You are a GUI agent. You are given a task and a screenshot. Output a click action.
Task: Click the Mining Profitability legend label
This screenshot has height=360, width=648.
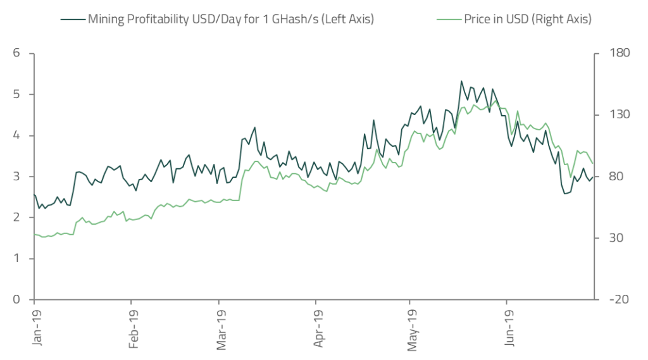click(x=231, y=19)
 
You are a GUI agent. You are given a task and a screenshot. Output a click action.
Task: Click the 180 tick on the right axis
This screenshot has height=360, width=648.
click(x=613, y=53)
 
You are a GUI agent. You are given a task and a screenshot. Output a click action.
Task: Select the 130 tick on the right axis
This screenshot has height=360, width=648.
click(x=613, y=115)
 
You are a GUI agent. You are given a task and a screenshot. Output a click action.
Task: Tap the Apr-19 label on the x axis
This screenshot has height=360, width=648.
click(x=317, y=328)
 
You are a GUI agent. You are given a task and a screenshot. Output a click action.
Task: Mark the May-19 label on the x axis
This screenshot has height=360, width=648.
click(x=411, y=328)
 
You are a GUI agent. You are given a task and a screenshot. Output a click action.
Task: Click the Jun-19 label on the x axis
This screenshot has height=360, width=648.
click(x=509, y=328)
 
